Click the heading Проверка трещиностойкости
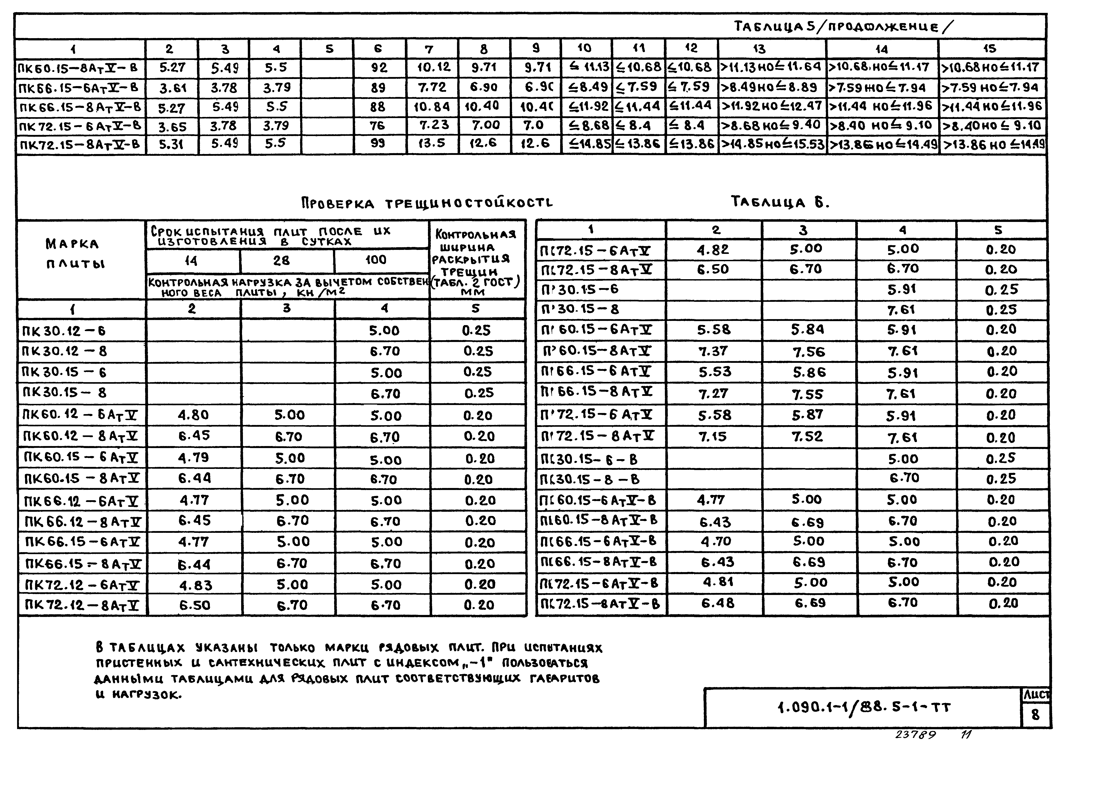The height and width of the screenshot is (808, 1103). click(427, 203)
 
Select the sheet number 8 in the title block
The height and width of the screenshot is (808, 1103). click(1035, 715)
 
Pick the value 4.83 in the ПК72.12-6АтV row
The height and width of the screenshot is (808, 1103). click(196, 585)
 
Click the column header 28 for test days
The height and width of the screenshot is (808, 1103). click(282, 261)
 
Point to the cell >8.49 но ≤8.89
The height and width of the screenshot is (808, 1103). click(772, 88)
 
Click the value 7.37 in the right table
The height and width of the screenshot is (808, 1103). click(713, 351)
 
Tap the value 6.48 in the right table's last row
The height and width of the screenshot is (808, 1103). click(717, 603)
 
